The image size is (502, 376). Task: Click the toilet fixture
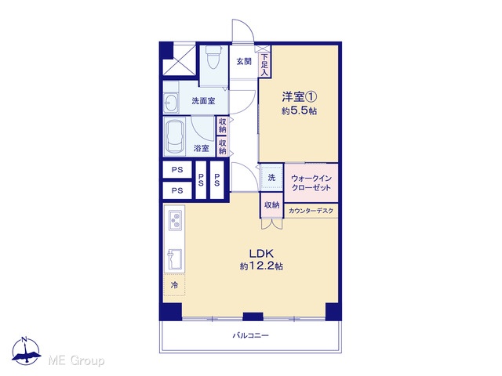click(x=212, y=57)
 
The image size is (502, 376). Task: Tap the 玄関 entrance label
click(x=244, y=62)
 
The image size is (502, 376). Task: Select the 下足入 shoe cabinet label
click(x=264, y=65)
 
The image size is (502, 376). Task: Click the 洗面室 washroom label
click(x=203, y=101)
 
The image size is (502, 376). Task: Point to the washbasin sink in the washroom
click(x=171, y=103)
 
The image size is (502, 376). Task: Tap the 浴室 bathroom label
click(x=202, y=148)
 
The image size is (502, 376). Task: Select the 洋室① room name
click(x=300, y=96)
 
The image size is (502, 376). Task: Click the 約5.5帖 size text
click(x=300, y=111)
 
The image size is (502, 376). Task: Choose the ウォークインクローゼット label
click(x=311, y=183)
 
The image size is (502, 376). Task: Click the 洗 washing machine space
click(x=271, y=178)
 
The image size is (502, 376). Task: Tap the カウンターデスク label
click(x=311, y=211)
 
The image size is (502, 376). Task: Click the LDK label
click(x=261, y=254)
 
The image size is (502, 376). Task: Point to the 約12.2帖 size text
click(x=261, y=266)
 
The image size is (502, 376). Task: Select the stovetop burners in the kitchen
click(x=175, y=220)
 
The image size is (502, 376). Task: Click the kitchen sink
click(x=174, y=259)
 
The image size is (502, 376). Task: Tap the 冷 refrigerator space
click(x=174, y=284)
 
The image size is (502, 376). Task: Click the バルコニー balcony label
click(x=250, y=336)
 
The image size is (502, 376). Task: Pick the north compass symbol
click(x=26, y=351)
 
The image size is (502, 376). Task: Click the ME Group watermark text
click(x=76, y=360)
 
